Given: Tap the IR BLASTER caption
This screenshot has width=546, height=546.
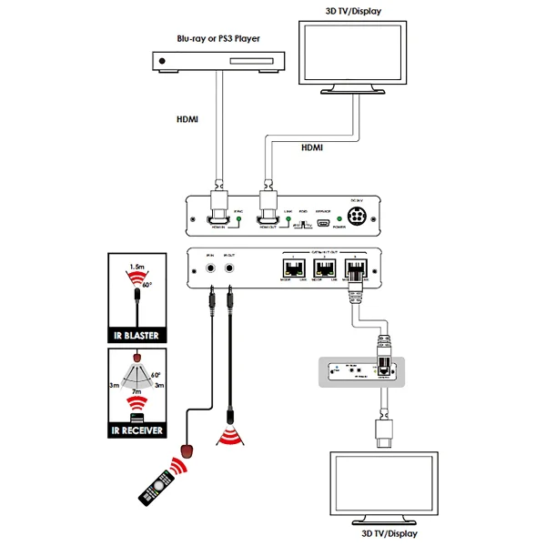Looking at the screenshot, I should pyautogui.click(x=137, y=336).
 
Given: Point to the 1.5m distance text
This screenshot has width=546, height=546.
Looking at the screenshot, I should pyautogui.click(x=136, y=266).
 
